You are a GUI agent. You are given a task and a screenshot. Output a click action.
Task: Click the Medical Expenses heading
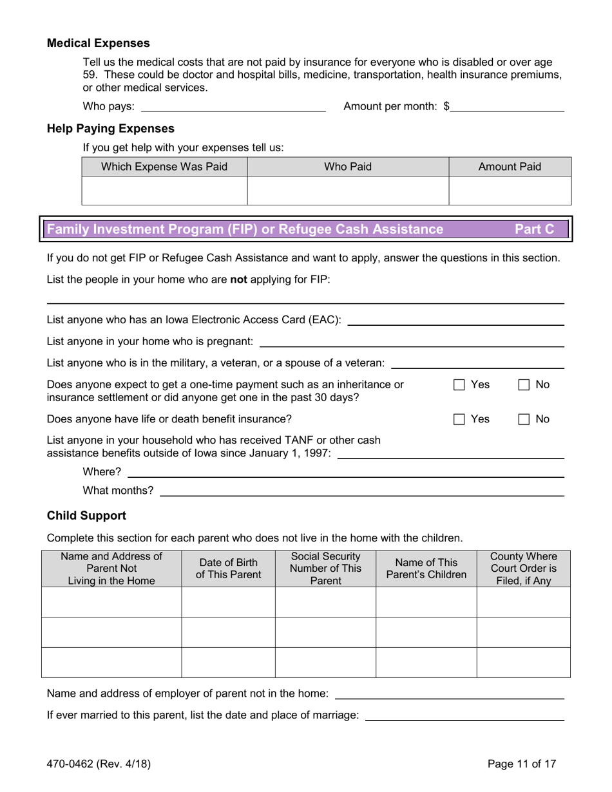[98, 43]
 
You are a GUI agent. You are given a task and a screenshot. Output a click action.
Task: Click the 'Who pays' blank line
[233, 107]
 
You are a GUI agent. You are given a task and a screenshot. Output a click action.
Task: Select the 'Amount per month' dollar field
[507, 107]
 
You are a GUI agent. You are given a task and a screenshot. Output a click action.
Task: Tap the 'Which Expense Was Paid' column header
[164, 167]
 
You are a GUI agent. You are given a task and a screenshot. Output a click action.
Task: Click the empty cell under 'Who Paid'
[348, 191]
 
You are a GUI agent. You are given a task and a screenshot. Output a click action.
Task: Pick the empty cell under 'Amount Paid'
[510, 191]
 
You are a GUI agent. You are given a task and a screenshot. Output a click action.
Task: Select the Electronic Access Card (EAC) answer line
[455, 320]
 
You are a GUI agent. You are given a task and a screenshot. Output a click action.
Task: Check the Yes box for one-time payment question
[459, 385]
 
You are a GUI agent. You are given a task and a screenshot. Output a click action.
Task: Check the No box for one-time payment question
[524, 385]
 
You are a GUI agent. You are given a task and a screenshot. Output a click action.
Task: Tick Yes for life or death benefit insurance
[459, 419]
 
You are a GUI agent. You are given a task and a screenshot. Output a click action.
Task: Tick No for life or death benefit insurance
[524, 419]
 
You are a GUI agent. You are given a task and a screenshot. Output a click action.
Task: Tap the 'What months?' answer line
[361, 491]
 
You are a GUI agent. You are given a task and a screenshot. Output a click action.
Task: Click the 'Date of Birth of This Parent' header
[228, 569]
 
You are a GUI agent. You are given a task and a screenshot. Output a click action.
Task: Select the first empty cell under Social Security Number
[325, 602]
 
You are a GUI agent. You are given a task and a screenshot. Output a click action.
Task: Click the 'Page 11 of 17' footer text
[521, 764]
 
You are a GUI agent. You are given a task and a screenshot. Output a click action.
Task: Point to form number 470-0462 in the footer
[99, 764]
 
